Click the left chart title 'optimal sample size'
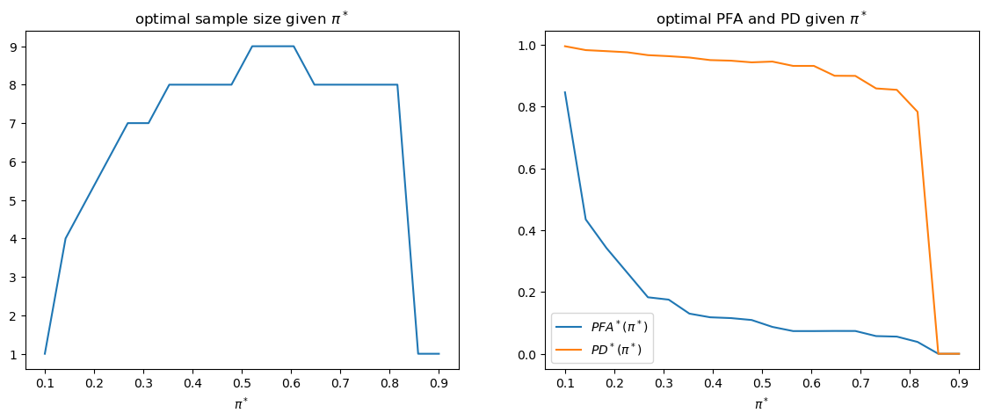pyautogui.click(x=242, y=19)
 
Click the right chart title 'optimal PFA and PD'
pyautogui.click(x=761, y=19)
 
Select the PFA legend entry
pyautogui.click(x=616, y=327)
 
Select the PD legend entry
pyautogui.click(x=616, y=349)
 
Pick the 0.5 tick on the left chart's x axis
pyautogui.click(x=242, y=384)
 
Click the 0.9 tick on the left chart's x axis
pyautogui.click(x=439, y=384)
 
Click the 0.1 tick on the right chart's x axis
pyautogui.click(x=565, y=384)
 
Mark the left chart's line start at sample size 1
pyautogui.click(x=45, y=354)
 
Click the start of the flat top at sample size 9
pyautogui.click(x=252, y=47)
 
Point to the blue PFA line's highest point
pyautogui.click(x=565, y=92)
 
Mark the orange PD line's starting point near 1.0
pyautogui.click(x=565, y=46)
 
